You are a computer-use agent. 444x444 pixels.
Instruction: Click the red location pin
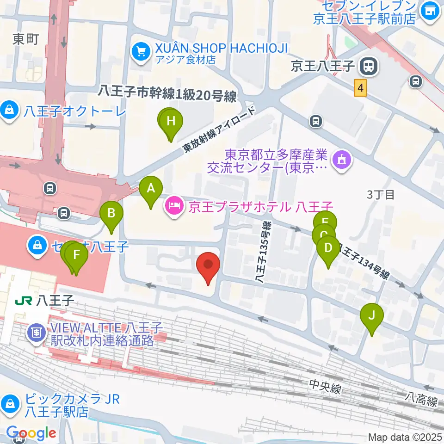pos(208,267)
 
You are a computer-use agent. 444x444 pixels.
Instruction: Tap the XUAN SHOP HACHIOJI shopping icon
pos(140,51)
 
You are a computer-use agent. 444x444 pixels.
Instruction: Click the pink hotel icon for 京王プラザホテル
pos(174,204)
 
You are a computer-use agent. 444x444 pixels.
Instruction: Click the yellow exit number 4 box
pos(361,87)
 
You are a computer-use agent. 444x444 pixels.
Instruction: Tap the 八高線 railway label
pos(421,400)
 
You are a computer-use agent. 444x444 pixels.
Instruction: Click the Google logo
pos(31,433)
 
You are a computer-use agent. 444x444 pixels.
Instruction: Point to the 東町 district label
pos(26,39)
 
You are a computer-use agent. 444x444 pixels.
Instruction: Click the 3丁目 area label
pos(381,195)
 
